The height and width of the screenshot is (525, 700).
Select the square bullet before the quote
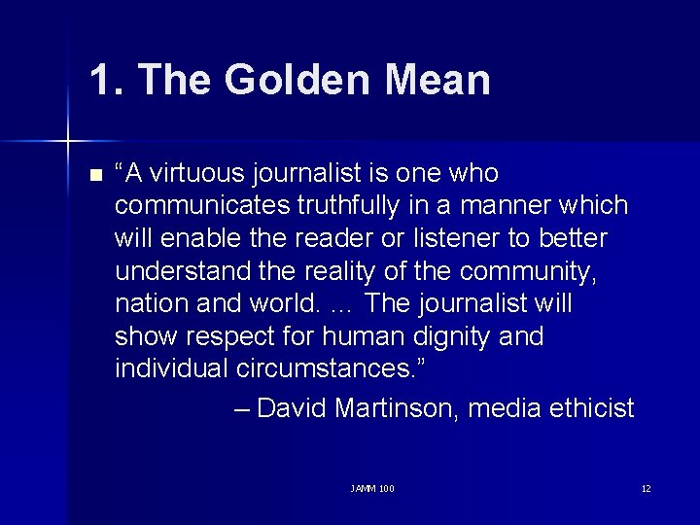94,176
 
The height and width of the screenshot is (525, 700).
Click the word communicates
199,206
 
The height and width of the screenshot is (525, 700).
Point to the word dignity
460,336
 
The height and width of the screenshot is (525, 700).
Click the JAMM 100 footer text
372,488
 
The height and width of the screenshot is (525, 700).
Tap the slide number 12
646,488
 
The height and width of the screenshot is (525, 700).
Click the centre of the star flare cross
68,142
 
